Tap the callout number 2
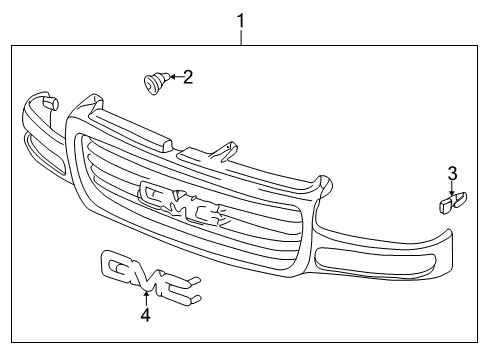[187, 76]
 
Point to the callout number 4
[146, 315]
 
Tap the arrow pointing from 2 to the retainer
[172, 76]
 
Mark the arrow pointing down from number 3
[451, 187]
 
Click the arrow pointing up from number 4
[146, 297]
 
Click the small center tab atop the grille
[225, 148]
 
